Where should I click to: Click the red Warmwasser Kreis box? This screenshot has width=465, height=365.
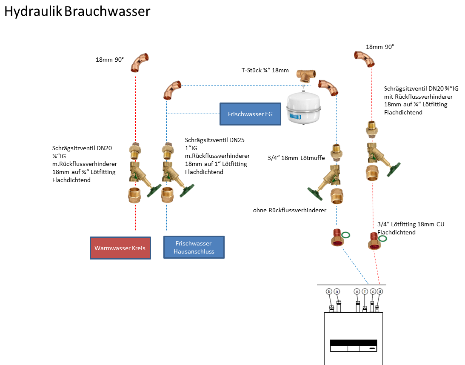click(120, 248)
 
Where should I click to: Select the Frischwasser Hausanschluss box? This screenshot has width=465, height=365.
click(194, 247)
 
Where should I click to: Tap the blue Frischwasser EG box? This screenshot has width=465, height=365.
click(250, 114)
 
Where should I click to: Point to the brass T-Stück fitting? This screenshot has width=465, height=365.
click(306, 75)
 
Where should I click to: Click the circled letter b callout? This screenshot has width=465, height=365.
click(329, 291)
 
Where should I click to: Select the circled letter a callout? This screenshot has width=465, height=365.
click(337, 291)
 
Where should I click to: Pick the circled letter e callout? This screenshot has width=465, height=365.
click(357, 291)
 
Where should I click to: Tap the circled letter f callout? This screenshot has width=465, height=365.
click(365, 291)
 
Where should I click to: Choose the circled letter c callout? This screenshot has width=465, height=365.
click(373, 291)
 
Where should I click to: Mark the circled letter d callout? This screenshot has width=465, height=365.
click(380, 291)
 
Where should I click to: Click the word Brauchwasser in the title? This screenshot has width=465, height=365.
click(107, 11)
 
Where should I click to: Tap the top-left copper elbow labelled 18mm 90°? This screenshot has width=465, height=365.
click(140, 62)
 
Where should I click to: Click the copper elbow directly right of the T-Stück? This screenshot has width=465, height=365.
click(328, 87)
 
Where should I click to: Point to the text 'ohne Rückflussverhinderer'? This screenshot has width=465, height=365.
click(289, 210)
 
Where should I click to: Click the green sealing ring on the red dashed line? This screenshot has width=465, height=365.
click(383, 239)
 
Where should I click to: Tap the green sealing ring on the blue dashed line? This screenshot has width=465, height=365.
click(346, 235)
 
